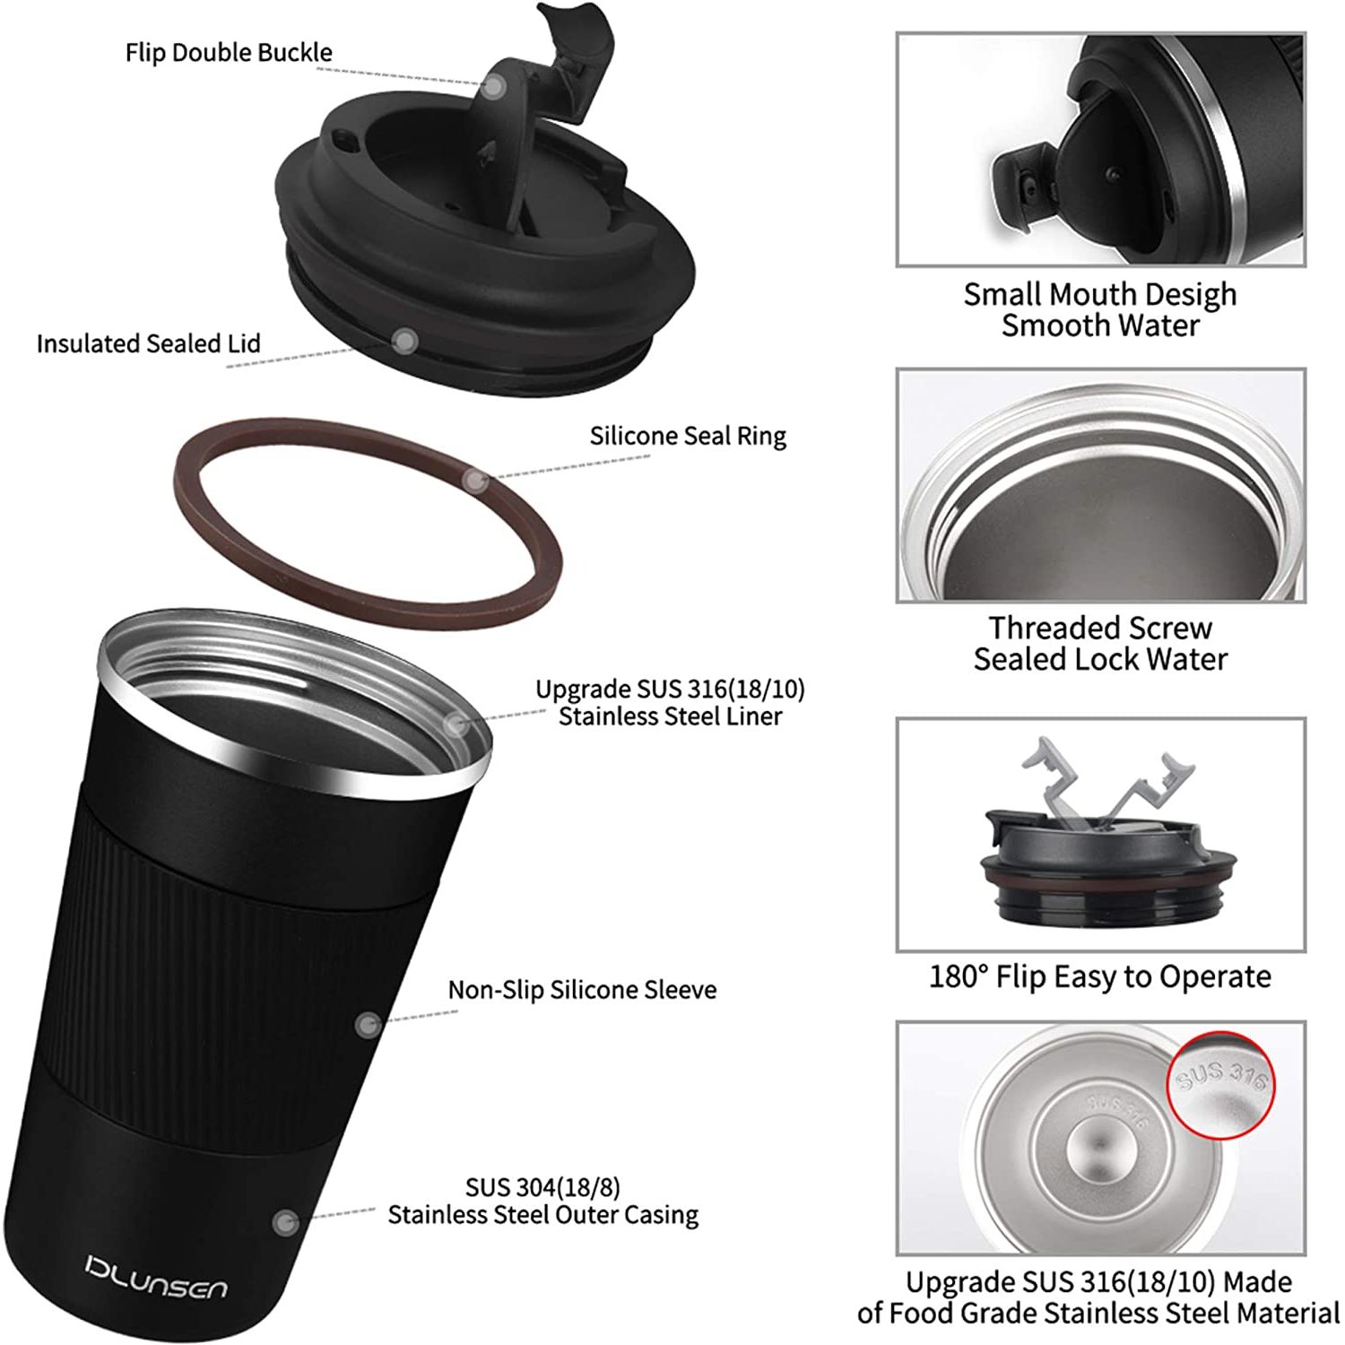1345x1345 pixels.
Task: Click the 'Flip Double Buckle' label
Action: [229, 53]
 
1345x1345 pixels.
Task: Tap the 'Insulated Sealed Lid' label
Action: [149, 343]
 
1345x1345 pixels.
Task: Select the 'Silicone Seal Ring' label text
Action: [688, 436]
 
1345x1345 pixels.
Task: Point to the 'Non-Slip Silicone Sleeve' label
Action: [583, 990]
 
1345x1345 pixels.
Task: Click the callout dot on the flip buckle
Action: [493, 86]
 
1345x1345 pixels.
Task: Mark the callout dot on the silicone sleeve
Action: [368, 1025]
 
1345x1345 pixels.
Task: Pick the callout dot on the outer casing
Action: [285, 1221]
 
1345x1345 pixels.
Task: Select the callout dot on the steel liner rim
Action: [456, 723]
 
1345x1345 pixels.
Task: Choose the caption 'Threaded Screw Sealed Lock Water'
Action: [1100, 643]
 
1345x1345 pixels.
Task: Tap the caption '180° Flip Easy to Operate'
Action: [1100, 976]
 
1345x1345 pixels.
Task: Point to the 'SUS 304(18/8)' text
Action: [542, 1187]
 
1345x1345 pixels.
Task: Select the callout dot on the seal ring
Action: [475, 481]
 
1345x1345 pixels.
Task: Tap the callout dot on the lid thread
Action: [405, 341]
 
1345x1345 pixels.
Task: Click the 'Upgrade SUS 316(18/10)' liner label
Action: [670, 689]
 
